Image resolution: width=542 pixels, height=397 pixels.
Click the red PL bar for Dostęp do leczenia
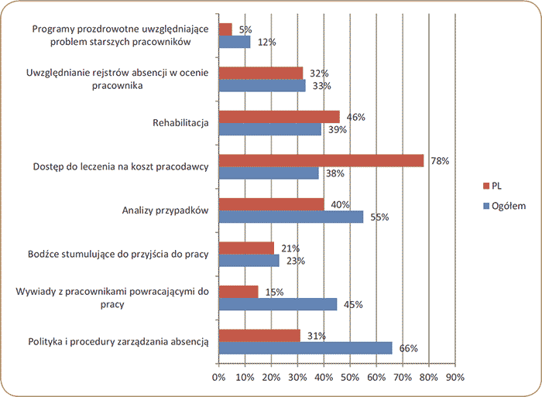(321, 160)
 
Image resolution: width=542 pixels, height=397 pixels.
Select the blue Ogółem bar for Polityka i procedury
(305, 348)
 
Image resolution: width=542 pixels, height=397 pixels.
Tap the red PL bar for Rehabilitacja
(280, 116)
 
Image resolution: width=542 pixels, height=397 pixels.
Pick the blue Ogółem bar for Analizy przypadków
(291, 217)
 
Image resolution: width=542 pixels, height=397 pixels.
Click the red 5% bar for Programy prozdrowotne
(225, 29)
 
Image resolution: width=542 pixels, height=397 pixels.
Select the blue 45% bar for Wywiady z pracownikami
(278, 304)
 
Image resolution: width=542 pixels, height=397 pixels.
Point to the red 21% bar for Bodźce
(246, 248)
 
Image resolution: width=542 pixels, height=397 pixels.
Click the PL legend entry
(493, 186)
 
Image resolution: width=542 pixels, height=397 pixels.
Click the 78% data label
(441, 160)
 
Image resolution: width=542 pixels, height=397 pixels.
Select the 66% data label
(409, 349)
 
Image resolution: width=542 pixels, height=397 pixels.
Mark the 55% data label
(379, 217)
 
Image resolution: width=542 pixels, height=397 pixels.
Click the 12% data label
(267, 42)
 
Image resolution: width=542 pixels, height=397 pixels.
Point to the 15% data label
(274, 292)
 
